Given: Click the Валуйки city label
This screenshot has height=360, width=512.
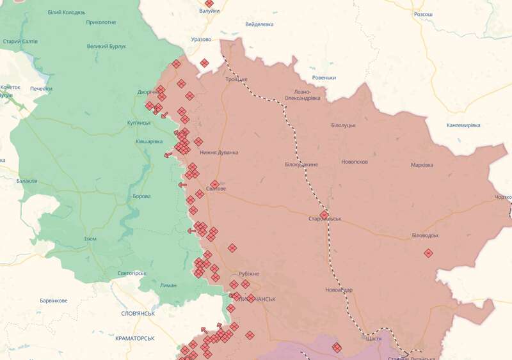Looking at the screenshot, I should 209,11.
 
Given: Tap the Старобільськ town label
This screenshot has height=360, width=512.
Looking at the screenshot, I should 324,219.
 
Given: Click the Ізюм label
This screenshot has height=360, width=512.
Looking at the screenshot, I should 90,239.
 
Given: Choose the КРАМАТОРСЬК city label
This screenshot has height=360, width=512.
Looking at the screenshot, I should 135,338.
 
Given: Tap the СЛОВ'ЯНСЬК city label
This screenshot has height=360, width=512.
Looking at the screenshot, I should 138,314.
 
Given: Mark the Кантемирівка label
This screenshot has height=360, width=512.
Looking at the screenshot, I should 463,125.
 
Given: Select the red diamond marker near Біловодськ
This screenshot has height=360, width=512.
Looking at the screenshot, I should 428,253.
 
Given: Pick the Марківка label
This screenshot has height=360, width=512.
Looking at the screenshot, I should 422,165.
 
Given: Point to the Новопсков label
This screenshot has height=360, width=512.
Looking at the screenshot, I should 355,162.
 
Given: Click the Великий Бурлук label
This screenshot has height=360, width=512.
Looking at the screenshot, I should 106,46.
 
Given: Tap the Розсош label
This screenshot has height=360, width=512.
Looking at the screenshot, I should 423,14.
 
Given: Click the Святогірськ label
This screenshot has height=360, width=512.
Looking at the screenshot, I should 132,274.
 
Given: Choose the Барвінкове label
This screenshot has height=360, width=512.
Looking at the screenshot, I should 53,301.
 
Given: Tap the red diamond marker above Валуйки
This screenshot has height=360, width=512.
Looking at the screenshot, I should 209,3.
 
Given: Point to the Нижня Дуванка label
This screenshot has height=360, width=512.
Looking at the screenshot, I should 219,152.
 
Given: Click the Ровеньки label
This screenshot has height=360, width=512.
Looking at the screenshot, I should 324,78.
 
